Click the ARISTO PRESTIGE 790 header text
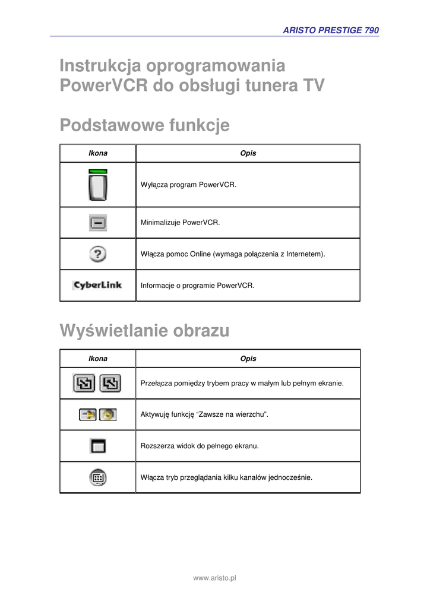click(331, 30)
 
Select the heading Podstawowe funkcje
click(144, 126)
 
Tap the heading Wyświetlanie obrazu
click(144, 331)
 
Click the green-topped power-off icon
click(98, 185)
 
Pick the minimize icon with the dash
click(98, 223)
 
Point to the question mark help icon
click(98, 254)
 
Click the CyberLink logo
click(97, 286)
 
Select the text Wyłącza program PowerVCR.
click(188, 185)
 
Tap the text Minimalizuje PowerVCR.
click(180, 223)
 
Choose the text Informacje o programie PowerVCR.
click(197, 286)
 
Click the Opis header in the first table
click(248, 153)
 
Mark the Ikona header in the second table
click(98, 359)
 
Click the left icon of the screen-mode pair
click(84, 384)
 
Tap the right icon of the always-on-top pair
click(107, 414)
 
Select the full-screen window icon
click(97, 445)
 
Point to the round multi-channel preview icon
click(98, 477)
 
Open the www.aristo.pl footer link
click(215, 578)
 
